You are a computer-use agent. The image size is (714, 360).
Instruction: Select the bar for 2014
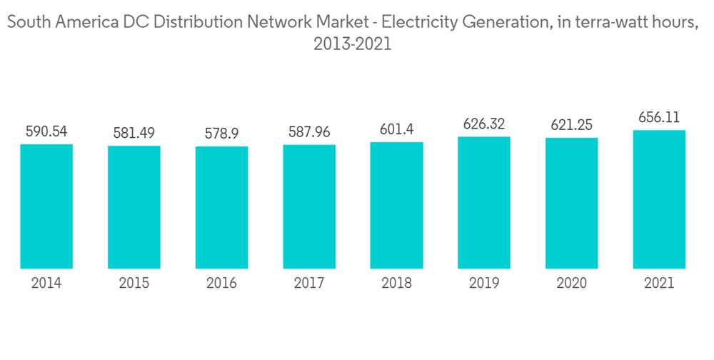(46, 206)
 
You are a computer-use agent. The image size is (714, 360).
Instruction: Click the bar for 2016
(221, 208)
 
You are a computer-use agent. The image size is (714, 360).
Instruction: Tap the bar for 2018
(396, 206)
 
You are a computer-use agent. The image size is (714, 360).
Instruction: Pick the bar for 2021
(659, 199)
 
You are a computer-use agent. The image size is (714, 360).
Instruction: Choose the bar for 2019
(484, 203)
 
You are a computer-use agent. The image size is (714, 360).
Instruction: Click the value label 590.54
(46, 131)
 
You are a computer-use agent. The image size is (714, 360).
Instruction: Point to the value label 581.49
(134, 134)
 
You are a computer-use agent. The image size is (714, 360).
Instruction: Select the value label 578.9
(221, 134)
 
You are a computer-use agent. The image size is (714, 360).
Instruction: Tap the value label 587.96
(309, 132)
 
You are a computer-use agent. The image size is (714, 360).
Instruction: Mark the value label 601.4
(396, 129)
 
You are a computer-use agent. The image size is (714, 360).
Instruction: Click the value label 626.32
(484, 124)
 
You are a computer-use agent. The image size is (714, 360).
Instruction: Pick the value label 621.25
(571, 125)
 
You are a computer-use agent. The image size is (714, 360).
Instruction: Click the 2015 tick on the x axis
(134, 284)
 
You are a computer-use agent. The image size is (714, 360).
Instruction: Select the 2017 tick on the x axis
(309, 284)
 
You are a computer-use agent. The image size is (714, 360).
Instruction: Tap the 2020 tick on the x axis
(571, 284)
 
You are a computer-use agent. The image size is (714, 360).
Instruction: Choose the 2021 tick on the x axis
(659, 284)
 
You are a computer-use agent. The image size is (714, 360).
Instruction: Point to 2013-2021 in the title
(352, 44)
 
